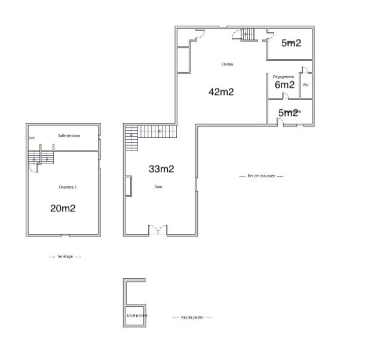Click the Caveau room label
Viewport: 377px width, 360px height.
[x=227, y=64]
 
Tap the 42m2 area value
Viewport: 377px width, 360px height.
[x=220, y=92]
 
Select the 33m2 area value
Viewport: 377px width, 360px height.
[x=161, y=169]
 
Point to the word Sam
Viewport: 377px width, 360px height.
[x=158, y=187]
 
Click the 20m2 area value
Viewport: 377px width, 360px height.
[x=63, y=208]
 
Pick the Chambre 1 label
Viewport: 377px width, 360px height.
[x=68, y=187]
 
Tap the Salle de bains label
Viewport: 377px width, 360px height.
[x=69, y=136]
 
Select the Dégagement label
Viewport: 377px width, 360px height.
[x=283, y=77]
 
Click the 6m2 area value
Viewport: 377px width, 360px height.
[x=284, y=85]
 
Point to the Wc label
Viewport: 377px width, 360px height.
[x=305, y=85]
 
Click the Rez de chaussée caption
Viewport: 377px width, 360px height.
[x=261, y=176]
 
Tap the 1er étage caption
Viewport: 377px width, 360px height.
[x=65, y=256]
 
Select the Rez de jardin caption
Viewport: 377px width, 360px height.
[x=192, y=318]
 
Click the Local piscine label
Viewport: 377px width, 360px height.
[x=137, y=315]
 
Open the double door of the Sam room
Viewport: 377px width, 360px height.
[x=158, y=230]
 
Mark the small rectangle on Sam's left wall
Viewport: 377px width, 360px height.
[x=128, y=186]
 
